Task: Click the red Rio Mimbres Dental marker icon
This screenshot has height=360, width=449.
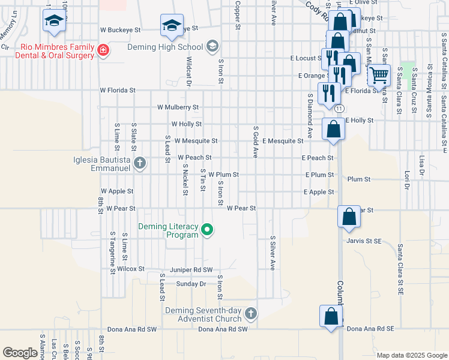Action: click(103, 50)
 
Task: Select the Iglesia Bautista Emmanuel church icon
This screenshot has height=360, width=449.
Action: click(140, 163)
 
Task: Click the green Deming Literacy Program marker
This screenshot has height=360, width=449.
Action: click(208, 229)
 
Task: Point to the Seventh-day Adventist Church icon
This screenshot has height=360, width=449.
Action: click(251, 313)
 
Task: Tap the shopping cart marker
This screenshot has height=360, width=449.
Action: click(379, 76)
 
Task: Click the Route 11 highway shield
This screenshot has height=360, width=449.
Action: click(340, 109)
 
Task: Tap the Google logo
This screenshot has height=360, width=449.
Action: click(20, 353)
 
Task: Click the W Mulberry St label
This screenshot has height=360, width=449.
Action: click(178, 107)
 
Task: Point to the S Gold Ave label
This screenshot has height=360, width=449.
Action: click(256, 142)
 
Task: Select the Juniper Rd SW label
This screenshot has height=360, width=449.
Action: click(191, 270)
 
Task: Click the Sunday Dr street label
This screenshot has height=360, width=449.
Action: click(191, 283)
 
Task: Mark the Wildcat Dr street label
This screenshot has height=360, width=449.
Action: click(188, 72)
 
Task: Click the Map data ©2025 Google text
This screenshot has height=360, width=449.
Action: click(411, 355)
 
